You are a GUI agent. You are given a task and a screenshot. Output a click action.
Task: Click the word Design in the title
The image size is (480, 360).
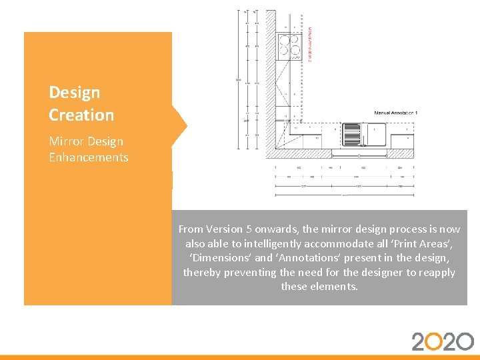click(75, 93)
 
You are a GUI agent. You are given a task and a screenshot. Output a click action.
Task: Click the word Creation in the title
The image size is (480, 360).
click(81, 115)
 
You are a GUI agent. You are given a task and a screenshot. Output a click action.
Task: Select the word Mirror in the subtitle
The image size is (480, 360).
click(67, 141)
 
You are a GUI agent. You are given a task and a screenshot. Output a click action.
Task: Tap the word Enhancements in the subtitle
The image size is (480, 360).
click(88, 157)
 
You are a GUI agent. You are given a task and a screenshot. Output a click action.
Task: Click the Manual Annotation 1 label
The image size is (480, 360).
click(395, 113)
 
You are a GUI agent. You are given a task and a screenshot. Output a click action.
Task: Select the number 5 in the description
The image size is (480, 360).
click(254, 229)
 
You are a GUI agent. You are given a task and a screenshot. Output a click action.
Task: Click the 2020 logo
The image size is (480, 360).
click(443, 341)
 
